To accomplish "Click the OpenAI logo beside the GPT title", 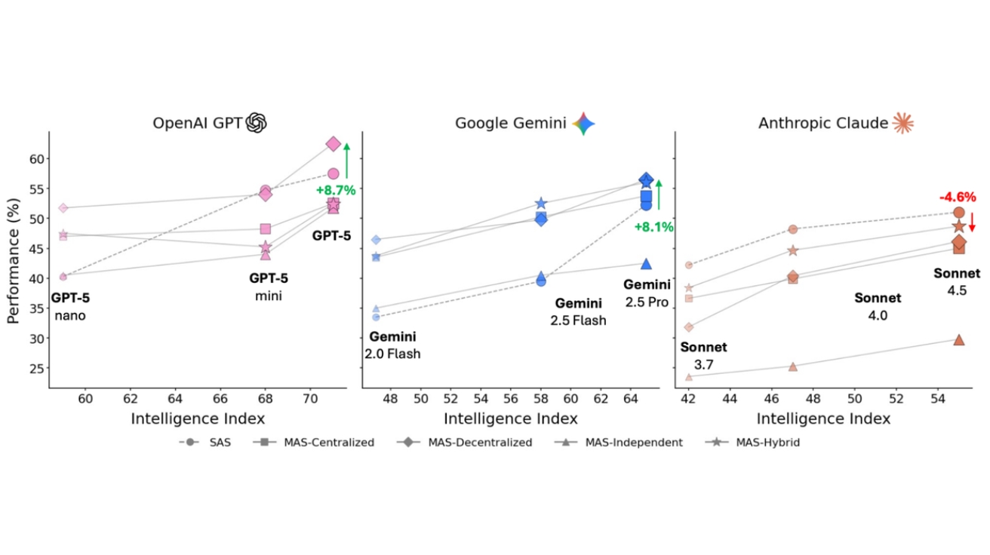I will click(x=257, y=122).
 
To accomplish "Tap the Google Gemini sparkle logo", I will click(x=584, y=123).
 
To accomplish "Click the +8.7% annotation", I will click(x=336, y=190).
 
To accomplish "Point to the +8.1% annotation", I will click(x=653, y=227).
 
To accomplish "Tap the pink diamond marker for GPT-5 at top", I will click(x=333, y=143).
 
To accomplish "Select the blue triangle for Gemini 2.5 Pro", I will click(x=646, y=263).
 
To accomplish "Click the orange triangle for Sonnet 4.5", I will click(x=958, y=339).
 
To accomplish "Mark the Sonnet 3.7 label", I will click(x=703, y=356).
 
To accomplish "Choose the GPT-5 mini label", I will click(x=269, y=287).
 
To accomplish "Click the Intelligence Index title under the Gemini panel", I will click(x=511, y=419).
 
